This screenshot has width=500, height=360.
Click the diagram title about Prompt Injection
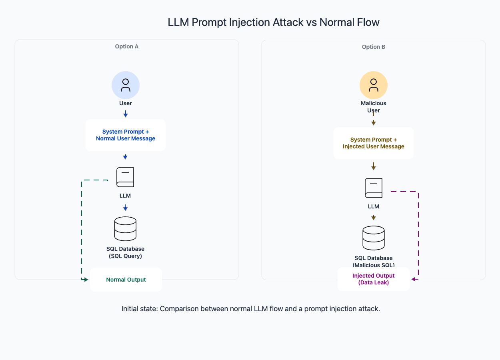coord(274,22)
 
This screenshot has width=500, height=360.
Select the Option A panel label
coord(127,46)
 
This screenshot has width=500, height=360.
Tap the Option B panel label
coord(374,47)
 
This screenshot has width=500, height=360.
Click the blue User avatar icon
coord(126,85)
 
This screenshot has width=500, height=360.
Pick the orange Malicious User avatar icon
coord(374,85)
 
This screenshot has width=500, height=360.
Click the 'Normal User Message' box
coord(126,135)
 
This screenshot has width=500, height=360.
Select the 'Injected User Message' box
coord(374,143)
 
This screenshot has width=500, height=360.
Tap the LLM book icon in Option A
coord(125,177)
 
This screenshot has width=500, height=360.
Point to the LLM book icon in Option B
coord(374,188)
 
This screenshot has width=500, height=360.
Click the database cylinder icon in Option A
coord(125,229)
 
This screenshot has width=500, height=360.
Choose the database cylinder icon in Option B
coord(374,238)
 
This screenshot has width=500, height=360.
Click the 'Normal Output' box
coord(126,280)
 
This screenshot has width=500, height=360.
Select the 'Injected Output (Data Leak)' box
coord(374,279)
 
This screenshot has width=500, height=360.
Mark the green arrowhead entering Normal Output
coord(86,279)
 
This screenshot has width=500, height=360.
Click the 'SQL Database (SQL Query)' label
coord(126,252)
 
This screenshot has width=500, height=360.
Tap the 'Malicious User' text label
coord(374,107)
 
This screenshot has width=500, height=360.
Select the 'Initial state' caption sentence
coord(250,309)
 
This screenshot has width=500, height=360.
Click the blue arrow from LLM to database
coord(125,208)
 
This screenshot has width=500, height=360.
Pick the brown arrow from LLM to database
coord(374,218)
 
